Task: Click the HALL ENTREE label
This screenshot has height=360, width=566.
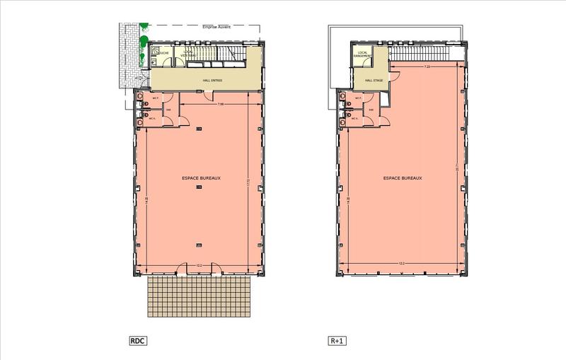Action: pyautogui.click(x=209, y=81)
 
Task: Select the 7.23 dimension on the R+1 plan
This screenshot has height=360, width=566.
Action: pyautogui.click(x=427, y=67)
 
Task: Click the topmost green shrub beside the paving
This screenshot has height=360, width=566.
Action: pyautogui.click(x=144, y=28)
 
